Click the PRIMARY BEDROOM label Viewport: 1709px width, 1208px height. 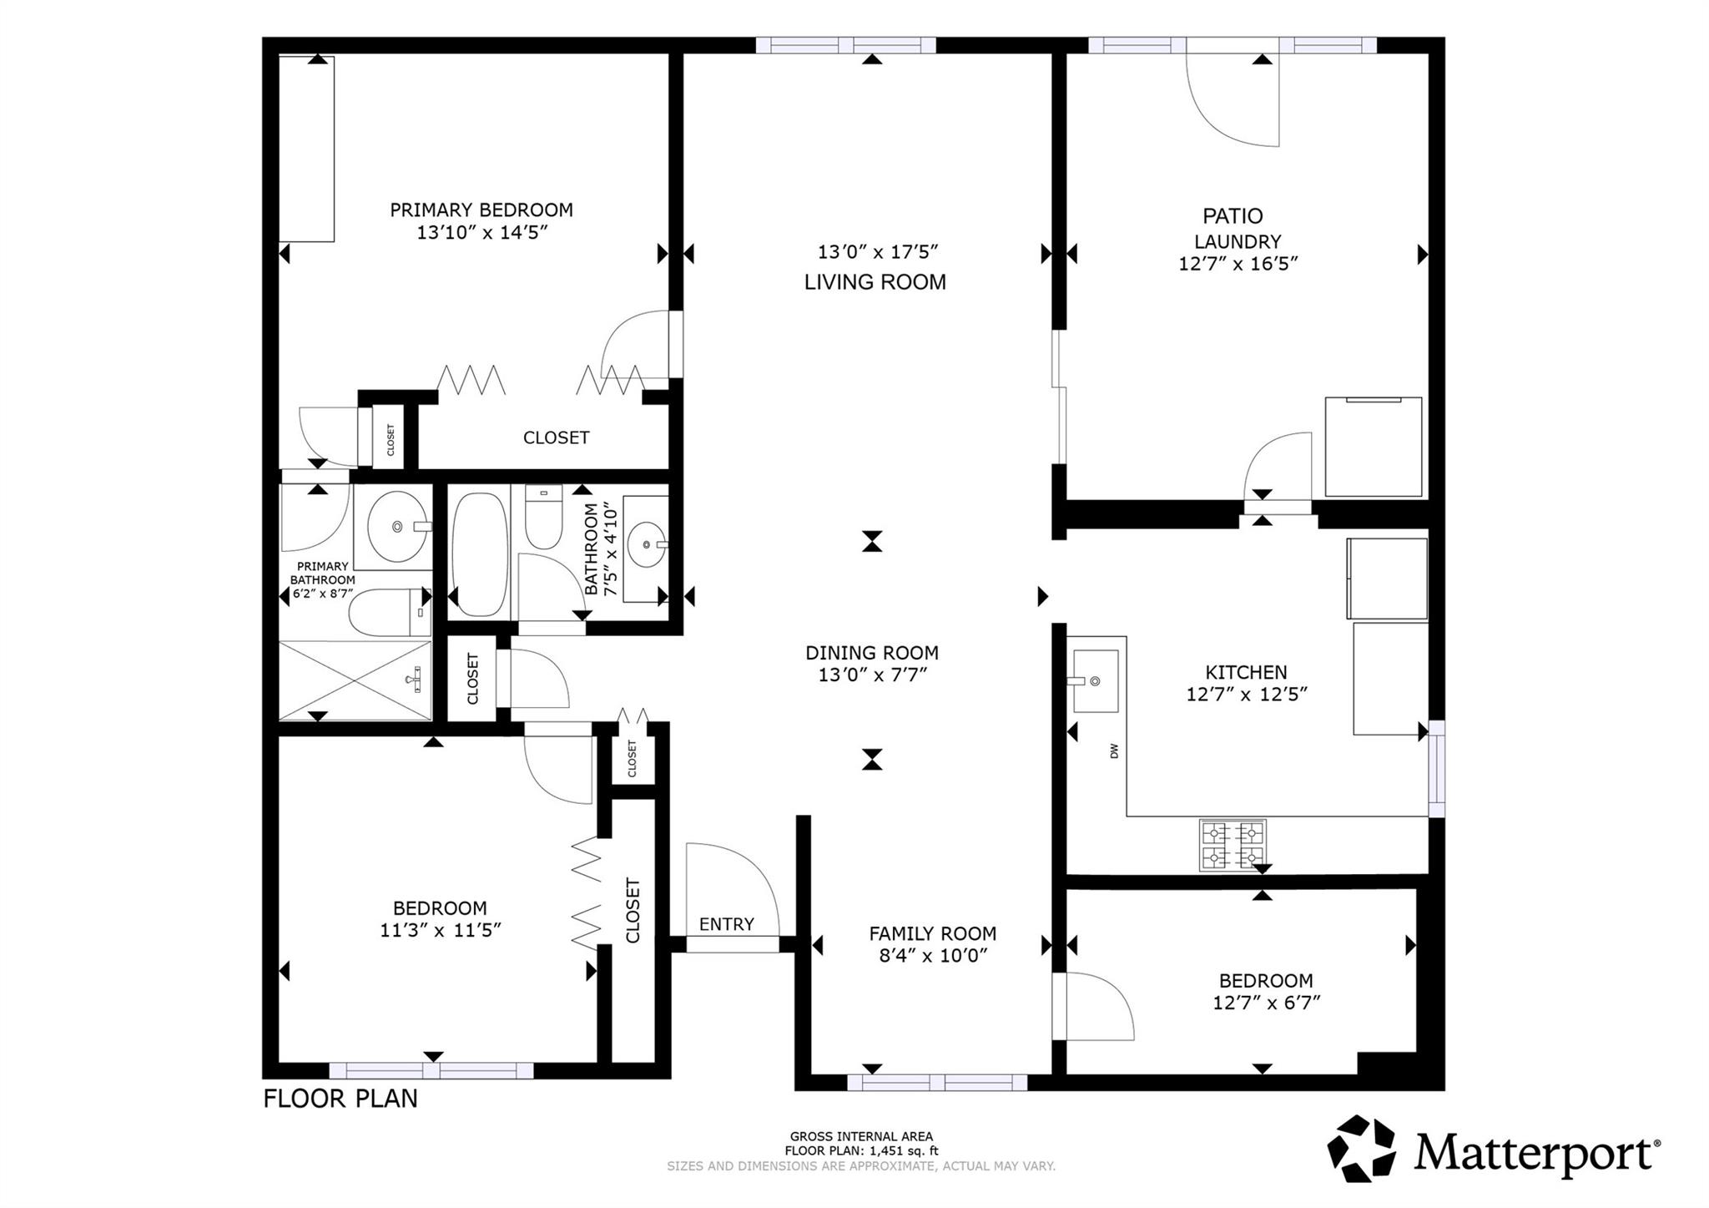pos(481,210)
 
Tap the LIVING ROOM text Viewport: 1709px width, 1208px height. pos(875,282)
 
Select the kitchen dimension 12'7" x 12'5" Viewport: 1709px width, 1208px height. pos(1246,694)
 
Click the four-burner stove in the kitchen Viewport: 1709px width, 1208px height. pos(1233,845)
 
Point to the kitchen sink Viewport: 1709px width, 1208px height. pos(1095,681)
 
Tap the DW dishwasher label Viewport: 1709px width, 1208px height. pos(1114,751)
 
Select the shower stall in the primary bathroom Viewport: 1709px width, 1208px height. pos(355,680)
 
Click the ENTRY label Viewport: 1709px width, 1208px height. pos(726,924)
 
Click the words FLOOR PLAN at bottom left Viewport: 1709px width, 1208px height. pos(340,1099)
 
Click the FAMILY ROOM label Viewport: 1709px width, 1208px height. pos(932,933)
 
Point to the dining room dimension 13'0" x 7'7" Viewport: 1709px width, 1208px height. pos(872,675)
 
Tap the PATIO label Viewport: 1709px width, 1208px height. pos(1233,216)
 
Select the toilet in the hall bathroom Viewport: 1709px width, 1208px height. pos(543,518)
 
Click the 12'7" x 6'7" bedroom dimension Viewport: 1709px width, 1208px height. pos(1266,1003)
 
